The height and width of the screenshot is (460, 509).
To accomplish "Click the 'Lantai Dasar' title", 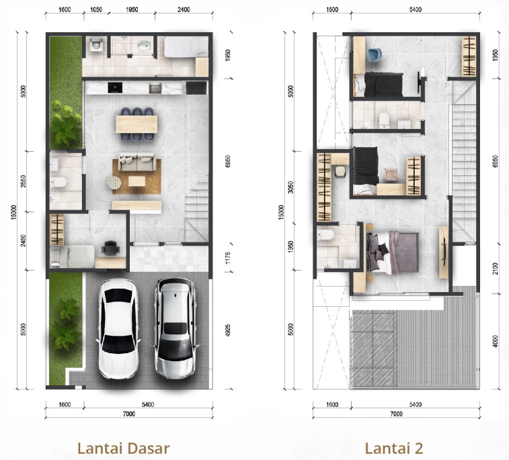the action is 123,449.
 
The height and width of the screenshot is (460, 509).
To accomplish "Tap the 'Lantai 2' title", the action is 394,449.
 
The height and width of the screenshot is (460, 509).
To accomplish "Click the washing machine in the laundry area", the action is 95,45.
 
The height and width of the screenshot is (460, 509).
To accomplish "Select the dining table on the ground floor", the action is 136,124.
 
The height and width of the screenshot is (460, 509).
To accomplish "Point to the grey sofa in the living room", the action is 136,162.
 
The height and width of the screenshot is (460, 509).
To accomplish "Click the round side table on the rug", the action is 114,183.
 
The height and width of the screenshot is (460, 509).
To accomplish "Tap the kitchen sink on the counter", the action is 155,88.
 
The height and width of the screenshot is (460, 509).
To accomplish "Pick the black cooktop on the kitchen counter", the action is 115,87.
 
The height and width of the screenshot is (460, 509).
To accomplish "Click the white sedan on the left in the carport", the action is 118,328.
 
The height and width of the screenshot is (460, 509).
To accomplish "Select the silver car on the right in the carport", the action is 175,328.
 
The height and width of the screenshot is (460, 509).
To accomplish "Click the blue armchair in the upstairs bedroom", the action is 375,55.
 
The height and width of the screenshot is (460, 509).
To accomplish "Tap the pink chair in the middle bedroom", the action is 391,174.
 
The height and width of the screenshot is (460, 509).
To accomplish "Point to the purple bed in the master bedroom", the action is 392,253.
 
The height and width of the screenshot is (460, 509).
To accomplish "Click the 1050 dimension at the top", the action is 95,9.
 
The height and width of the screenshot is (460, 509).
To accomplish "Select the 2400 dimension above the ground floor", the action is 184,9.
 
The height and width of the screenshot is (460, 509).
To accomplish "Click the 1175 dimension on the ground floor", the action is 228,258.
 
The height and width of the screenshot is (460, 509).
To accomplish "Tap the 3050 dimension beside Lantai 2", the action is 291,187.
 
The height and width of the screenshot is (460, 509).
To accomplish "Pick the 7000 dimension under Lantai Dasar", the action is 129,414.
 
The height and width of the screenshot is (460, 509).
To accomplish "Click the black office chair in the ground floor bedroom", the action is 110,247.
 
